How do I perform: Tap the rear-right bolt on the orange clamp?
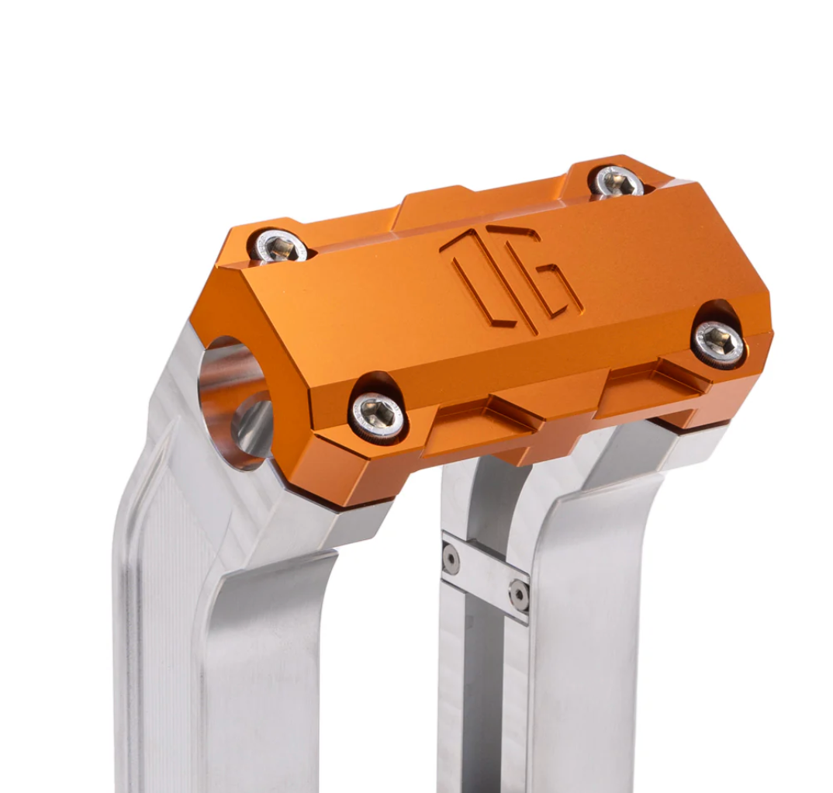pos(617,182)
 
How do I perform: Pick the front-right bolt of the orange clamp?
pos(718,342)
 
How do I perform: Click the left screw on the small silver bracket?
pos(451,558)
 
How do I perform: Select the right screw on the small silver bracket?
pos(518,594)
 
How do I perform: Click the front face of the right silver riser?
pos(589,636)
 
